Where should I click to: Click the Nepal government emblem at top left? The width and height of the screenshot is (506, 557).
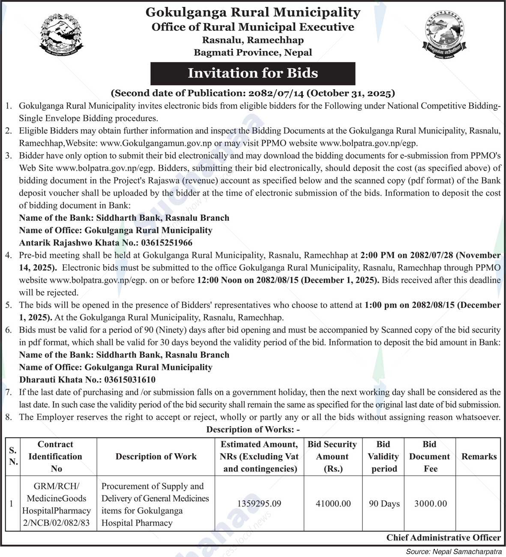(x=62, y=35)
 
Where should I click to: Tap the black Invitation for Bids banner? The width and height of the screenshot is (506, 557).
(x=253, y=73)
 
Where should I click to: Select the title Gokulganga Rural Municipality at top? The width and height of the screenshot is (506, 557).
(x=253, y=12)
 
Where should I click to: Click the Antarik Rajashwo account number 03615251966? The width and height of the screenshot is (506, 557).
(x=166, y=243)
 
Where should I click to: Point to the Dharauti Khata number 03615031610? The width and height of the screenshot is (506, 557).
(x=130, y=379)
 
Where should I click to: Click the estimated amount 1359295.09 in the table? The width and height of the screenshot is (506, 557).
(x=259, y=503)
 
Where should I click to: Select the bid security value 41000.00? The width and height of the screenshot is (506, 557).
(x=333, y=503)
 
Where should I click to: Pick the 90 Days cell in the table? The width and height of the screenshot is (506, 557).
(x=384, y=503)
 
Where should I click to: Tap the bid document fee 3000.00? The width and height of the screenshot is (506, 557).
(x=430, y=503)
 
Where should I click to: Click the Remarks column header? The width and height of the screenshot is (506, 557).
(x=479, y=457)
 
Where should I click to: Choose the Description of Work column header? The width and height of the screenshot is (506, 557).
(x=156, y=457)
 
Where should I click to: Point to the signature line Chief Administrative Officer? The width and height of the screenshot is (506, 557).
(x=443, y=537)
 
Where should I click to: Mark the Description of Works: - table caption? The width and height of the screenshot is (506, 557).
(x=253, y=429)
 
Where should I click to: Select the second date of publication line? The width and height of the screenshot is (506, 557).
(x=253, y=93)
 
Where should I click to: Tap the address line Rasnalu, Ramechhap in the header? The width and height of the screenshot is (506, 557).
(x=253, y=40)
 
